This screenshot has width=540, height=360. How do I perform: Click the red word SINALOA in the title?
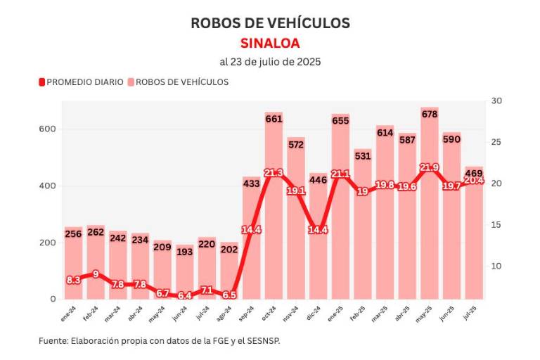pos(270,43)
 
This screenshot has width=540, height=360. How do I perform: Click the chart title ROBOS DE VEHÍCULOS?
pos(270,22)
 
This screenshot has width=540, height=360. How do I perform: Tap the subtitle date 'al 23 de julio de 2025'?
pos(270,62)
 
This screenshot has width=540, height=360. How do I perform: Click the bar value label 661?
pos(274,119)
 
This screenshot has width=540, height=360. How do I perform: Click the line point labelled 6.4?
pos(185,295)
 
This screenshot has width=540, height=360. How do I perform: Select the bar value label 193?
pos(184,251)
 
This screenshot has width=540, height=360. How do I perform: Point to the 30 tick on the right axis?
pos(496,101)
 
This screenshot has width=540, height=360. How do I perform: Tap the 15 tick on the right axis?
pos(496,225)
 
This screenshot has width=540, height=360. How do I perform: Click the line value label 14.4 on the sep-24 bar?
pos(252,229)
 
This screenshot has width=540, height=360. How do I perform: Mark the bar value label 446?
pos(318,179)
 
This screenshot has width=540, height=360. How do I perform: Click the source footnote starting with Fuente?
pos(165,340)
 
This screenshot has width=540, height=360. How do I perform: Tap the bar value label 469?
pos(474,173)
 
